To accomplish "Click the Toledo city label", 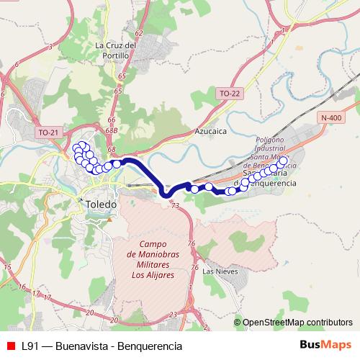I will (99, 204).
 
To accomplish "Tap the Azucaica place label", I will (211, 132).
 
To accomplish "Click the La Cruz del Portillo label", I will (115, 50).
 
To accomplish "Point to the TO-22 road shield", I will (228, 92).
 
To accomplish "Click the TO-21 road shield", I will (48, 132).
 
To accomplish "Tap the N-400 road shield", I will (332, 117).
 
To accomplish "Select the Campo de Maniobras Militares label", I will (153, 259).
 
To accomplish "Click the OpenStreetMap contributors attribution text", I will (297, 323).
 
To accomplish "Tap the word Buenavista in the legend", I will (85, 346).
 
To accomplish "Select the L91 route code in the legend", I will (31, 346).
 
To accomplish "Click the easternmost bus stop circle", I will (283, 161).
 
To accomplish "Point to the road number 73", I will (175, 206).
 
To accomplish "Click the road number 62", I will (138, 34).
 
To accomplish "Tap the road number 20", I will (89, 312).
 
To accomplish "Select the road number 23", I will (174, 315).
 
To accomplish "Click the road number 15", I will (8, 268).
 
